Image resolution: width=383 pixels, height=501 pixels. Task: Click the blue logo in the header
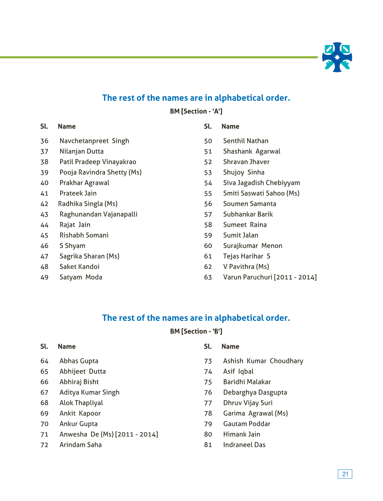click(x=337, y=57)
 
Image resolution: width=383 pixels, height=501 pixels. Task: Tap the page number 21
click(x=345, y=474)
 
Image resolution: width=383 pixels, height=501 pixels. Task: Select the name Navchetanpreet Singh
click(x=94, y=141)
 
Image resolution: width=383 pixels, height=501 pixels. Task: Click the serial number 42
click(x=44, y=204)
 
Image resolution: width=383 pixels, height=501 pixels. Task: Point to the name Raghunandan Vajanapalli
click(x=98, y=214)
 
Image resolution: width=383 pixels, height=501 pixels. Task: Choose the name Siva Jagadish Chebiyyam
click(x=261, y=183)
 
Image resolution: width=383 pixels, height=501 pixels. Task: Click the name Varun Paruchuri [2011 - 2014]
click(x=270, y=277)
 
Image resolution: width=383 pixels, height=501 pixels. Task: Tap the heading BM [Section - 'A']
click(x=196, y=111)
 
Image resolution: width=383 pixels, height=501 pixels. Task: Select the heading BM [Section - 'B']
click(x=196, y=332)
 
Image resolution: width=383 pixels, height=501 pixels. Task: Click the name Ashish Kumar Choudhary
click(x=263, y=361)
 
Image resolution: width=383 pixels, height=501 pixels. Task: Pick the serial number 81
click(x=208, y=445)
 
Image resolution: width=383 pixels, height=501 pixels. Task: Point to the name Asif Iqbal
click(x=238, y=372)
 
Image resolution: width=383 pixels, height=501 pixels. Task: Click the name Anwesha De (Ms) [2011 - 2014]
click(x=109, y=434)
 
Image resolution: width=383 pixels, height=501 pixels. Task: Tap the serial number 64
click(x=44, y=361)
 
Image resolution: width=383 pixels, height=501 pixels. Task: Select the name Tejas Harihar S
click(x=246, y=256)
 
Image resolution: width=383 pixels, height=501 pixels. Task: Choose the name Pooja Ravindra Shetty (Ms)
click(x=100, y=172)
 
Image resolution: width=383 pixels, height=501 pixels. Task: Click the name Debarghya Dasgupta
click(x=255, y=392)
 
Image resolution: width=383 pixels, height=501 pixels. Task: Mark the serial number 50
click(x=208, y=141)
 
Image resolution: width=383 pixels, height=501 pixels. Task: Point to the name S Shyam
click(x=72, y=246)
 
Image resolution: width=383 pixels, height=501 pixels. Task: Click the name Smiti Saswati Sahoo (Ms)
click(x=261, y=193)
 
